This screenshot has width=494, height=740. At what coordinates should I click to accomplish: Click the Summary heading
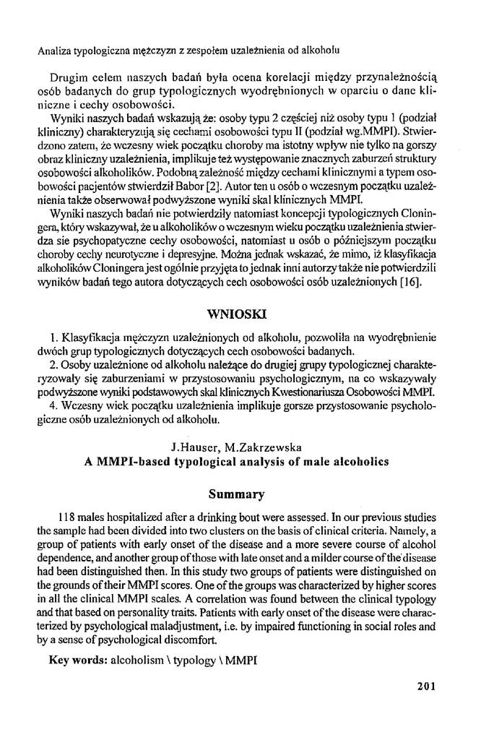(x=237, y=494)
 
